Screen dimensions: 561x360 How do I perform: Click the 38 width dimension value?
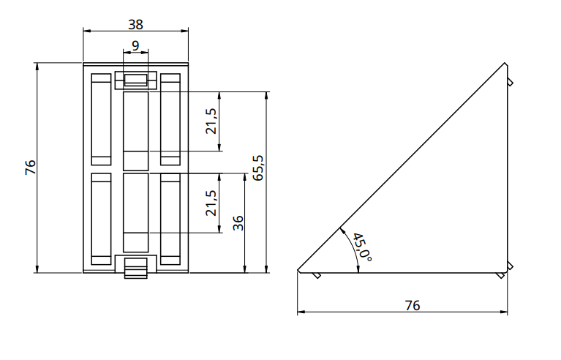point(135,24)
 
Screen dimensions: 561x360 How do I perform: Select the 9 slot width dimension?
point(135,45)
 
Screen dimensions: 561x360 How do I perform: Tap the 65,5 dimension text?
point(258,168)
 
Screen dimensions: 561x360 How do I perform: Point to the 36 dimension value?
point(238,223)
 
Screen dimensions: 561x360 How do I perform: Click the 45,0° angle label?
point(362,247)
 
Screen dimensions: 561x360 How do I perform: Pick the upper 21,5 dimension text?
point(211,121)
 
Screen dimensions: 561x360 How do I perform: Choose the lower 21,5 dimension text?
point(211,203)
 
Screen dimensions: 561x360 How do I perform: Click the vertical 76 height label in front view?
point(31,167)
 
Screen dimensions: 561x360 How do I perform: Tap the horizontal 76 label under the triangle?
point(413,306)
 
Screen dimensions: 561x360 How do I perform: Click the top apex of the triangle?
point(505,63)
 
